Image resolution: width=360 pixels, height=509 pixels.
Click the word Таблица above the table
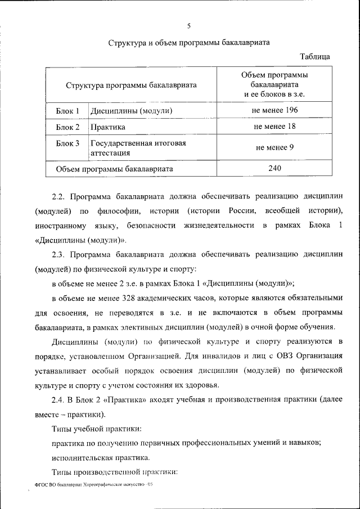[x=315, y=57]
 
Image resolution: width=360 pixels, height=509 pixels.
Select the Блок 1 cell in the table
[x=67, y=111]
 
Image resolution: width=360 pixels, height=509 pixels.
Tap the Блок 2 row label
[x=67, y=128]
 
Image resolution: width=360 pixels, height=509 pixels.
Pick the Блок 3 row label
[x=67, y=143]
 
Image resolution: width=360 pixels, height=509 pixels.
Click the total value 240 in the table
[x=274, y=168]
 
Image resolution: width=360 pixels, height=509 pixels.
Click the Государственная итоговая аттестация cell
[x=138, y=148]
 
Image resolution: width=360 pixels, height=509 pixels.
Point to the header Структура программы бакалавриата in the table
[x=131, y=85]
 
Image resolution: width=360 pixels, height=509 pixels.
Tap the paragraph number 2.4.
[x=59, y=400]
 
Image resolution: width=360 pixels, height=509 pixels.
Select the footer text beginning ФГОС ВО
[x=93, y=484]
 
